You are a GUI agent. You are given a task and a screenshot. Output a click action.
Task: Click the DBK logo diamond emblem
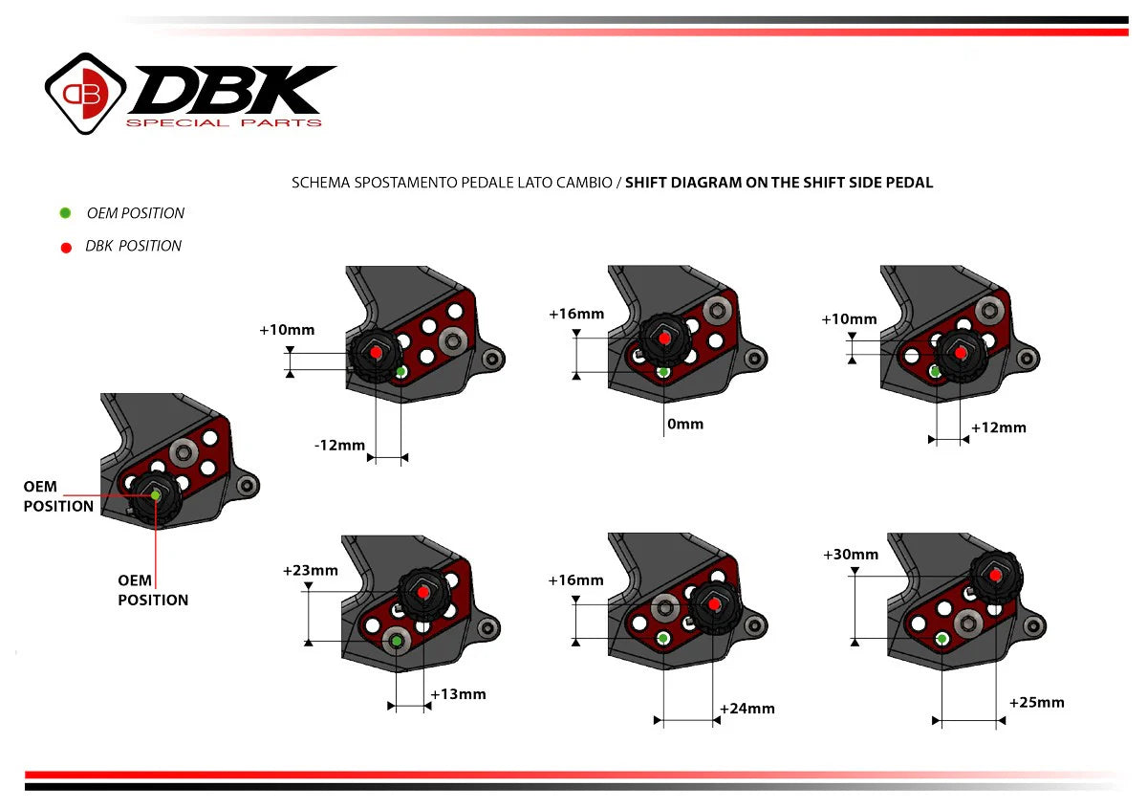tap(87, 93)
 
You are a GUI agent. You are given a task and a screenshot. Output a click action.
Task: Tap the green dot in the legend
tap(65, 213)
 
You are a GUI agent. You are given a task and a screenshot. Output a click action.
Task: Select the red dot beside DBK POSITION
tap(65, 247)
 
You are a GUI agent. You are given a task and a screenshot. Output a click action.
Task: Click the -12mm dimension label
tap(339, 445)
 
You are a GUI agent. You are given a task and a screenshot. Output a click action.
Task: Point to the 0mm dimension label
tap(684, 424)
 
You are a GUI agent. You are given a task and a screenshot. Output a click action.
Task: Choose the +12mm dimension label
tap(998, 427)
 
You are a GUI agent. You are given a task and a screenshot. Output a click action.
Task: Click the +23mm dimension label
tap(311, 571)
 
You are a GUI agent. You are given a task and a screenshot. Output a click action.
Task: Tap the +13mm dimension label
tap(458, 694)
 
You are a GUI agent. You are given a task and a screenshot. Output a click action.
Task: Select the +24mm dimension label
tap(747, 709)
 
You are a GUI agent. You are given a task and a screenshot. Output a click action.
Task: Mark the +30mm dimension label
tap(851, 555)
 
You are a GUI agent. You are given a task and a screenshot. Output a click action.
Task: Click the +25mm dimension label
tap(1036, 703)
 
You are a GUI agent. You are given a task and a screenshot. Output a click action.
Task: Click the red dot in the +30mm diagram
tap(996, 576)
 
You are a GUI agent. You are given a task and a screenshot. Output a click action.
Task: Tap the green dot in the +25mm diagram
tap(942, 638)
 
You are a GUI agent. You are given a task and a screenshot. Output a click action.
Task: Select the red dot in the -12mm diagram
tap(376, 353)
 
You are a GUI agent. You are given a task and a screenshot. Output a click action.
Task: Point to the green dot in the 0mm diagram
tap(663, 371)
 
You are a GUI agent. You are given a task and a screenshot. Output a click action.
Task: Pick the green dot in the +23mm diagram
tap(396, 640)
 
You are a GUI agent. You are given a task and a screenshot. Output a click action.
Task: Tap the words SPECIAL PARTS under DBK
tap(225, 122)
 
